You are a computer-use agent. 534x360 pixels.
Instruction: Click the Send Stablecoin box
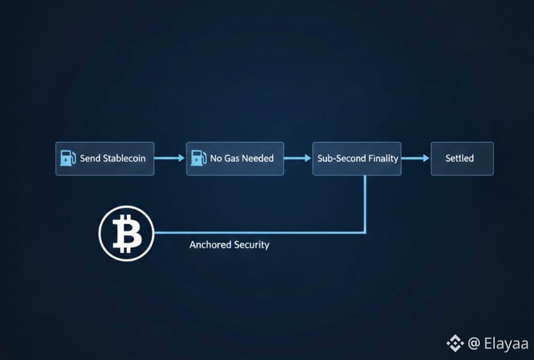coord(104,159)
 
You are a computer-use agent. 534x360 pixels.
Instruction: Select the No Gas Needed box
coord(235,159)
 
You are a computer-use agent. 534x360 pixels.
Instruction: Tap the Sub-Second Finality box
coord(357,159)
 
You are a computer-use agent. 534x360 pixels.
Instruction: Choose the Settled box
coord(462,159)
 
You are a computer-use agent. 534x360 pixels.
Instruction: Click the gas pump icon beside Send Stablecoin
coord(68,158)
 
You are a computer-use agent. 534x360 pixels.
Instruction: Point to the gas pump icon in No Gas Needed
coord(199,158)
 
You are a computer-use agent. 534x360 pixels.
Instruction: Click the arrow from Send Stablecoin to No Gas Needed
coord(170,158)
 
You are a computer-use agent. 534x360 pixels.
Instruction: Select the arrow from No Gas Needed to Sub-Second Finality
coord(298,158)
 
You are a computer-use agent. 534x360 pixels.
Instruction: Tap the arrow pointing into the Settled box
coord(415,158)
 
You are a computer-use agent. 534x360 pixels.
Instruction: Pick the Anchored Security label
coord(229,245)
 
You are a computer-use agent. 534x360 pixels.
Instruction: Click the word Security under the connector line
coord(253,245)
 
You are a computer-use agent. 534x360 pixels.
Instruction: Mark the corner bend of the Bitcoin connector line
coord(365,232)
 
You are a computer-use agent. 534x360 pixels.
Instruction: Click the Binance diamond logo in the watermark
coord(456,342)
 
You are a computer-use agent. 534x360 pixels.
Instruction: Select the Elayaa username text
coord(506,343)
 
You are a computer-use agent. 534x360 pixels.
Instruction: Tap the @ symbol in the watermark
coord(473,343)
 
